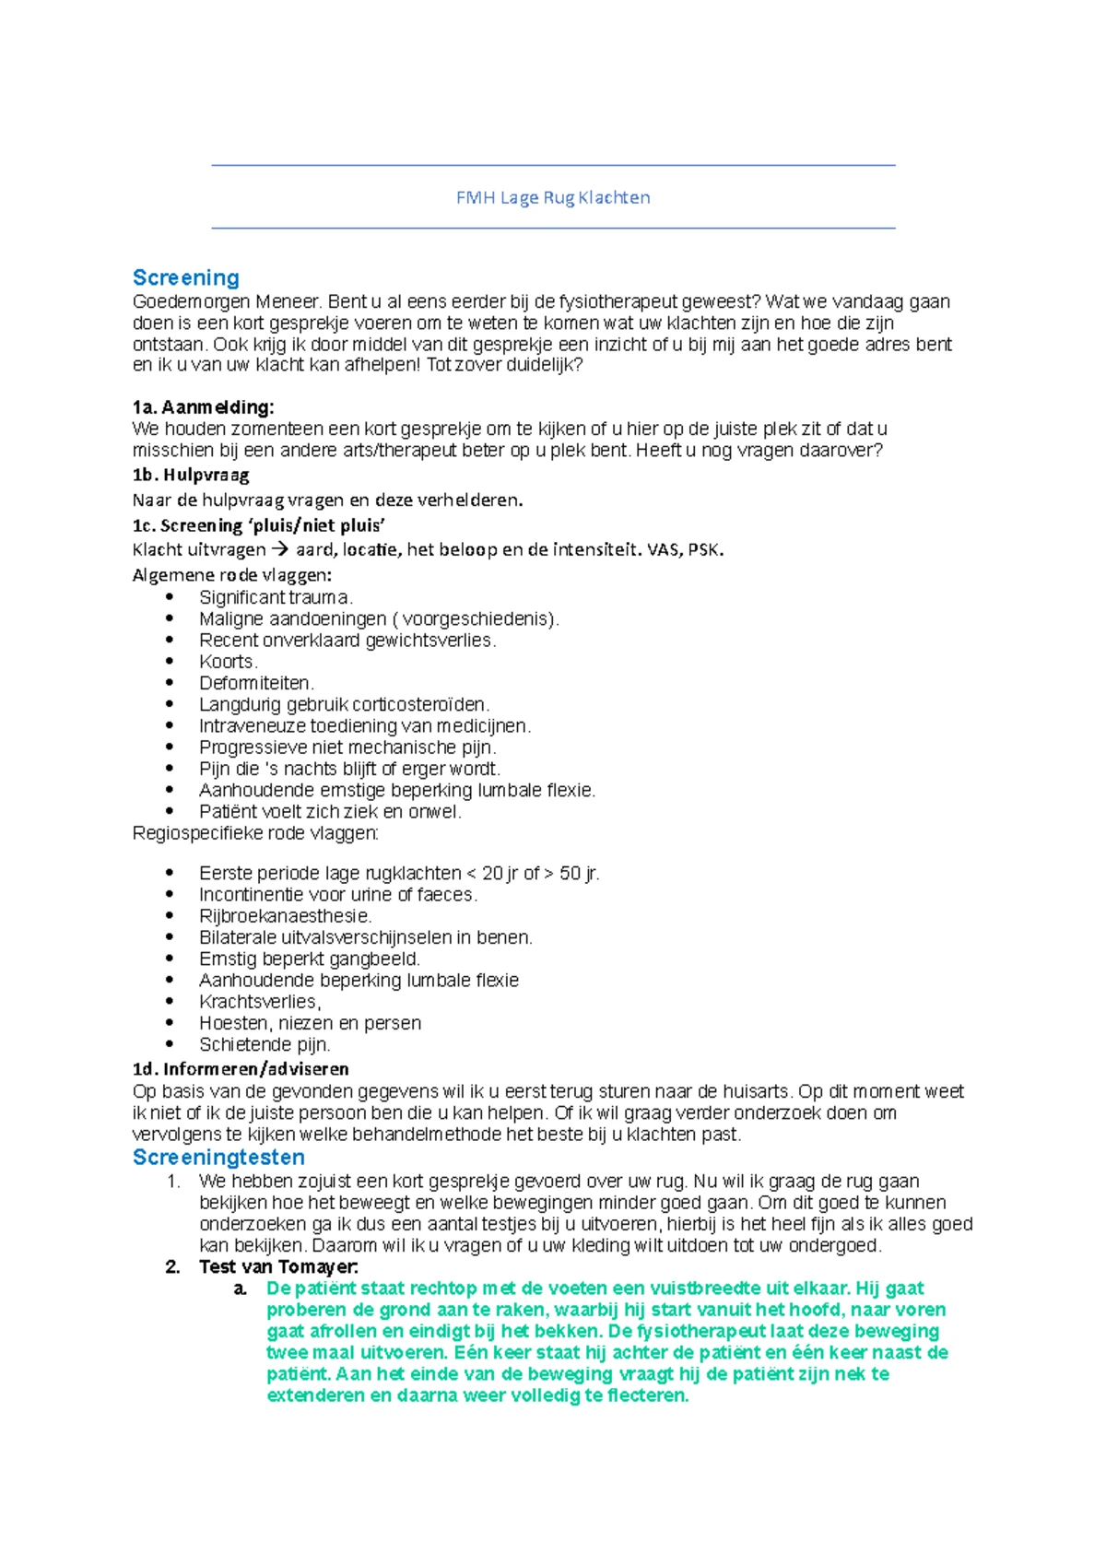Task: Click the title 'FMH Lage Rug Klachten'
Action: [x=553, y=197]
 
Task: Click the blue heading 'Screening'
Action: [x=186, y=277]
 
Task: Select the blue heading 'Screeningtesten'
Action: [x=218, y=1158]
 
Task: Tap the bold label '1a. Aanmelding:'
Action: [x=203, y=407]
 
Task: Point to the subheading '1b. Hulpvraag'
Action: [x=191, y=476]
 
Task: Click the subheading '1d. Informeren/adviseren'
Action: [x=241, y=1069]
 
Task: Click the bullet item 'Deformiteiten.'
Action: [x=256, y=683]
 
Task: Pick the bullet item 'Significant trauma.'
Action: [x=276, y=597]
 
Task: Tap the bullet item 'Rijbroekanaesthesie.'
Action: [x=285, y=916]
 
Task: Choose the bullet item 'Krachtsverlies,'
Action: [x=260, y=1002]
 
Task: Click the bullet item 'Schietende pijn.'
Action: [x=265, y=1044]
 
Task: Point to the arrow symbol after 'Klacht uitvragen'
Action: [x=280, y=550]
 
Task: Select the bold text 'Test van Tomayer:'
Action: [x=278, y=1267]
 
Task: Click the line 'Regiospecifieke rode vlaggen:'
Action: [x=255, y=834]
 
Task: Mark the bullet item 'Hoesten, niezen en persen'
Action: [x=310, y=1023]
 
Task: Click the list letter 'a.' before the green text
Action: [x=241, y=1288]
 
